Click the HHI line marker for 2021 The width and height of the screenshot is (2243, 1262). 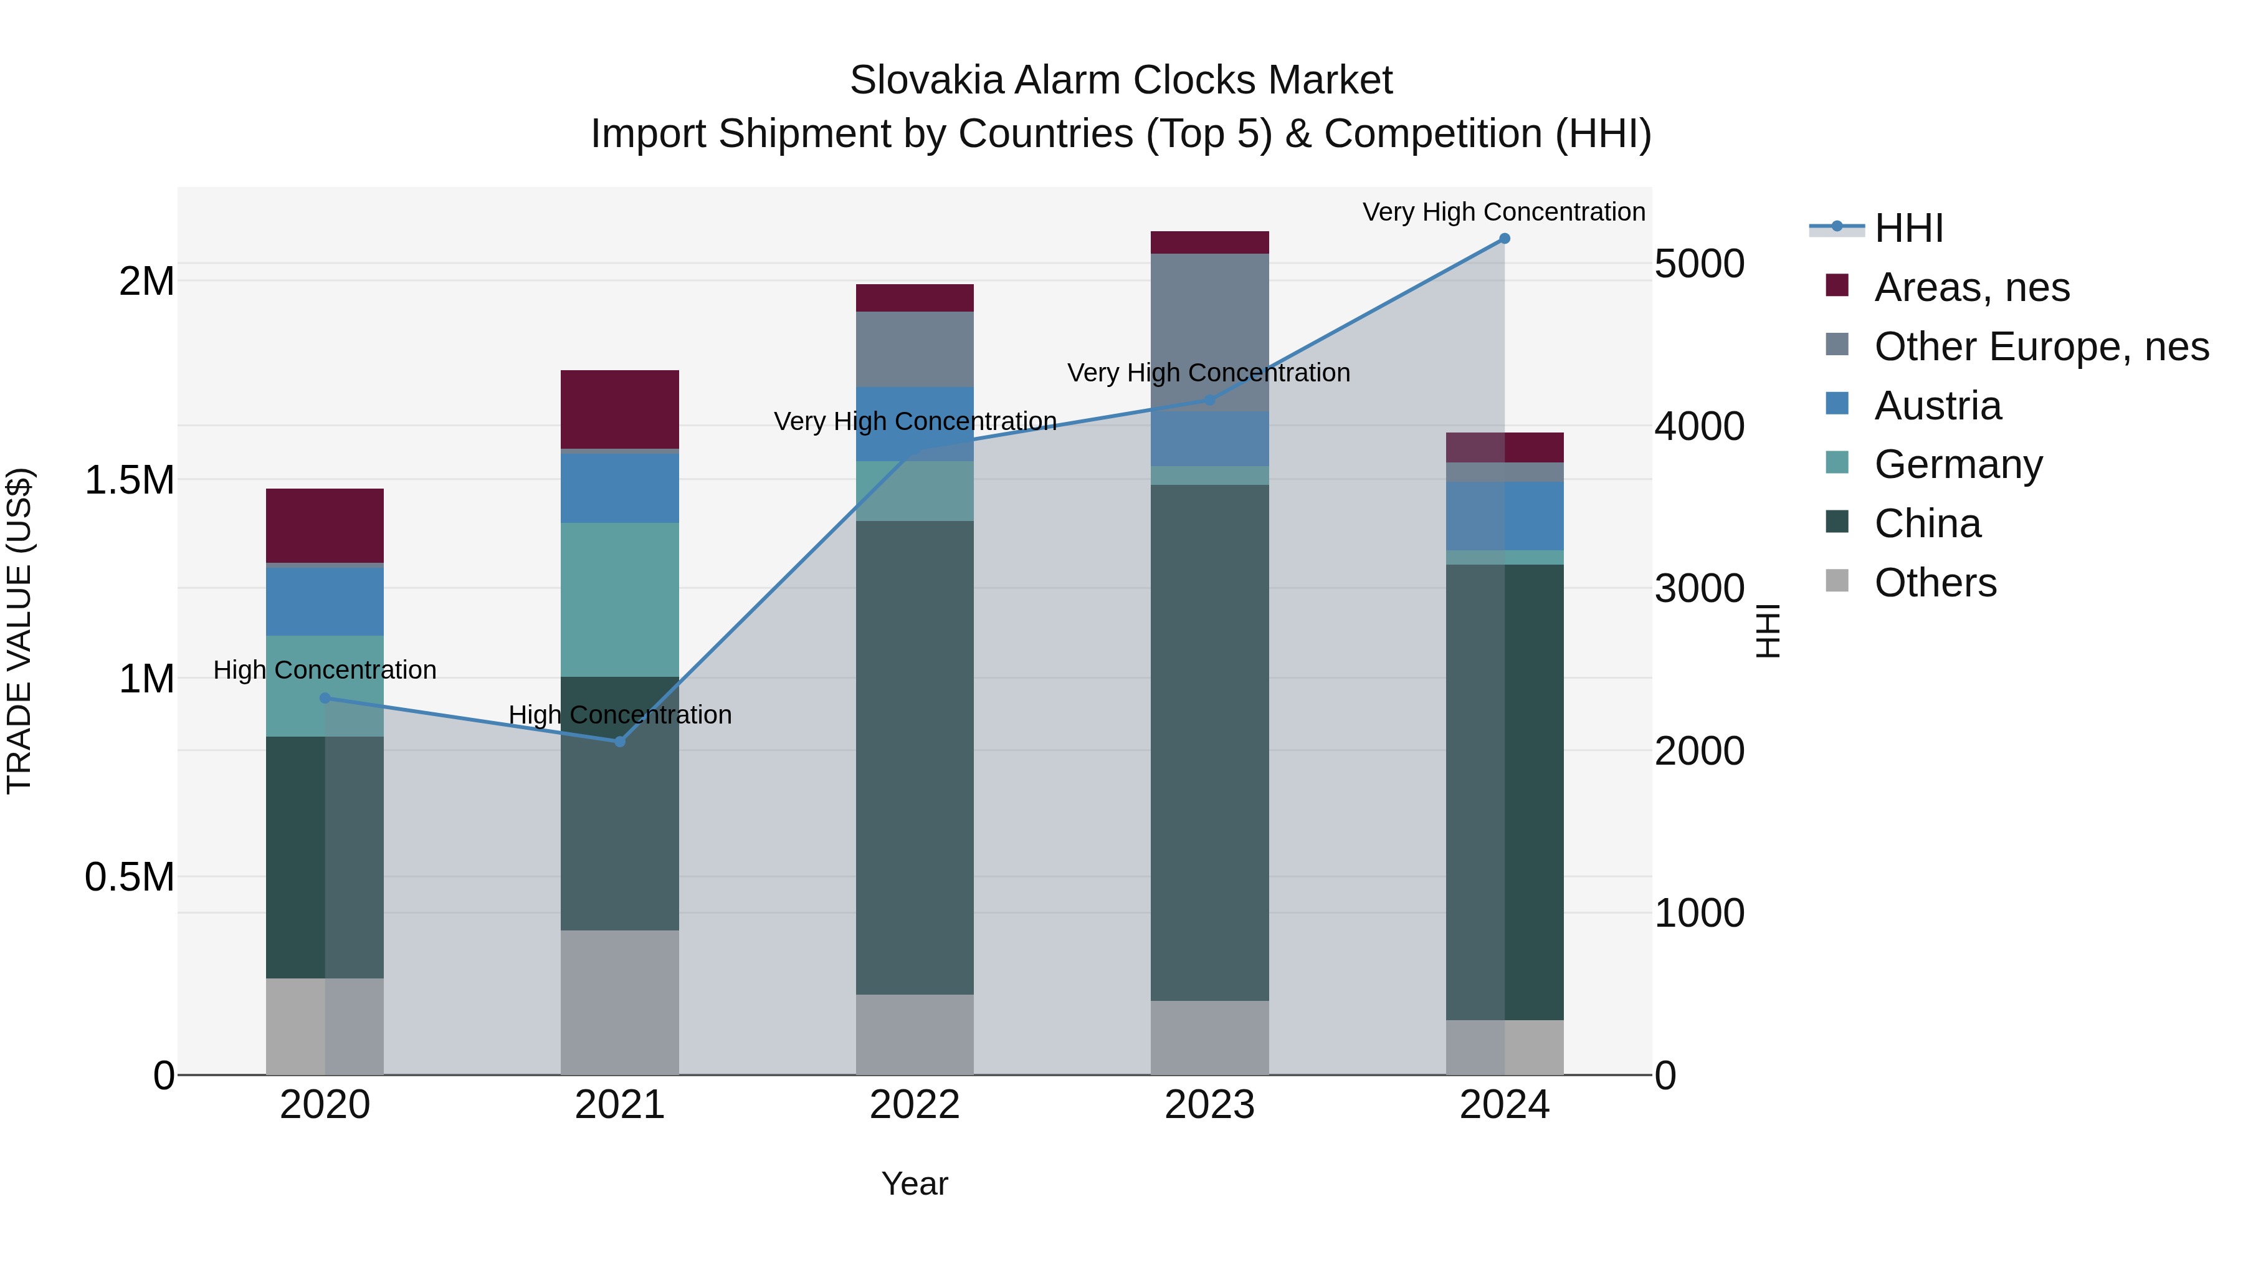point(620,741)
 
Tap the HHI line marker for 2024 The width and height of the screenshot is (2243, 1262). point(1504,239)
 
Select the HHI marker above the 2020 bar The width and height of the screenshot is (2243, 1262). point(325,697)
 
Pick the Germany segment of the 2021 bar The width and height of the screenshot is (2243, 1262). point(619,599)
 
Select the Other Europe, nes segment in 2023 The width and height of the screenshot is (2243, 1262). point(1209,331)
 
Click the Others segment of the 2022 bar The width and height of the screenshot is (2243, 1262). point(914,1034)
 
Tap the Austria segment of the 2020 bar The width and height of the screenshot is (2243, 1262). point(325,601)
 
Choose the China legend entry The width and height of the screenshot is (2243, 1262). point(1927,523)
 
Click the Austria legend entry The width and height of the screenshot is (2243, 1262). point(1937,406)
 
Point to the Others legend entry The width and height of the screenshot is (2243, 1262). point(1935,583)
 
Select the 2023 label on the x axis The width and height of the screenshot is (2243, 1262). point(1209,1105)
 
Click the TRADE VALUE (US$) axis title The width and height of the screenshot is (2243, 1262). point(19,631)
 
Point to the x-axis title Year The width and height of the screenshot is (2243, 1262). point(914,1183)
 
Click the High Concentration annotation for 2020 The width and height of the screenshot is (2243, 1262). point(325,670)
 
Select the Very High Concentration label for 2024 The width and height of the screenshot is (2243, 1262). point(1504,212)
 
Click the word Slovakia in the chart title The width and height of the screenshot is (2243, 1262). point(925,80)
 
